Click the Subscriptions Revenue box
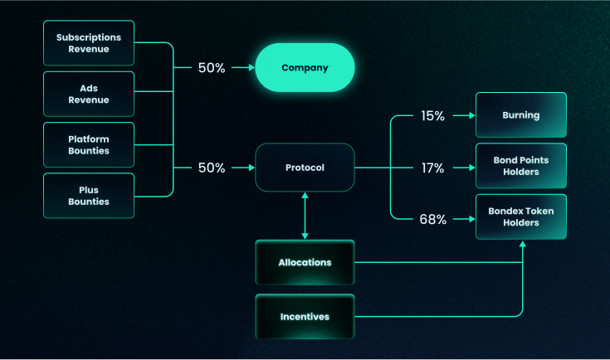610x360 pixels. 88,43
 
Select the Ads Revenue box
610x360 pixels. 88,94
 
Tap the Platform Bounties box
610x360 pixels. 88,145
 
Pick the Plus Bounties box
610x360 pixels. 88,196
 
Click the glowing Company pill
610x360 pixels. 305,67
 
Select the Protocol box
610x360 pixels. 305,168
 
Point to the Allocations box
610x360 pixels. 305,262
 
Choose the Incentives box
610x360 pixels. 305,316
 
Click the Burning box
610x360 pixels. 520,115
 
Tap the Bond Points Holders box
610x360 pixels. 520,166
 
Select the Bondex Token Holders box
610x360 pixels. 520,217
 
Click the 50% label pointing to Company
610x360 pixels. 212,68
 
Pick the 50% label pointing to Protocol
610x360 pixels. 212,168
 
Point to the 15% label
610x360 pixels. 433,116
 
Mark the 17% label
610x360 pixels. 433,168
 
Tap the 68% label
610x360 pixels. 433,220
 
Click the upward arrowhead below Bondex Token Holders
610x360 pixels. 522,245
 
